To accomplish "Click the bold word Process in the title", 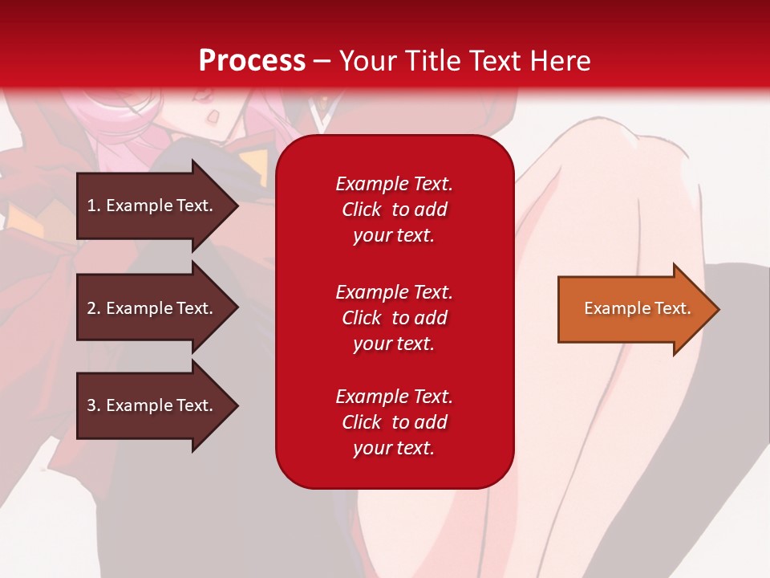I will [252, 61].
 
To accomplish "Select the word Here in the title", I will [561, 61].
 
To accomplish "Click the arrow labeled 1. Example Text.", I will [152, 206].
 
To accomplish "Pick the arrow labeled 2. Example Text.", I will [152, 308].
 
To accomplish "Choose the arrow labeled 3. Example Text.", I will [152, 405].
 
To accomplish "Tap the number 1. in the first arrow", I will [94, 206].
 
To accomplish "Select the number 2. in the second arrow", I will [94, 308].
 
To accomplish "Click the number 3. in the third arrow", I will [94, 405].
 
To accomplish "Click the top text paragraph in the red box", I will [394, 210].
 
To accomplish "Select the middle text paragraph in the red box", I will [394, 318].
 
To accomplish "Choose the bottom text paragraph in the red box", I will [394, 422].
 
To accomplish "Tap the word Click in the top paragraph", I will [361, 210].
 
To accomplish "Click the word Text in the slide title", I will [497, 61].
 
